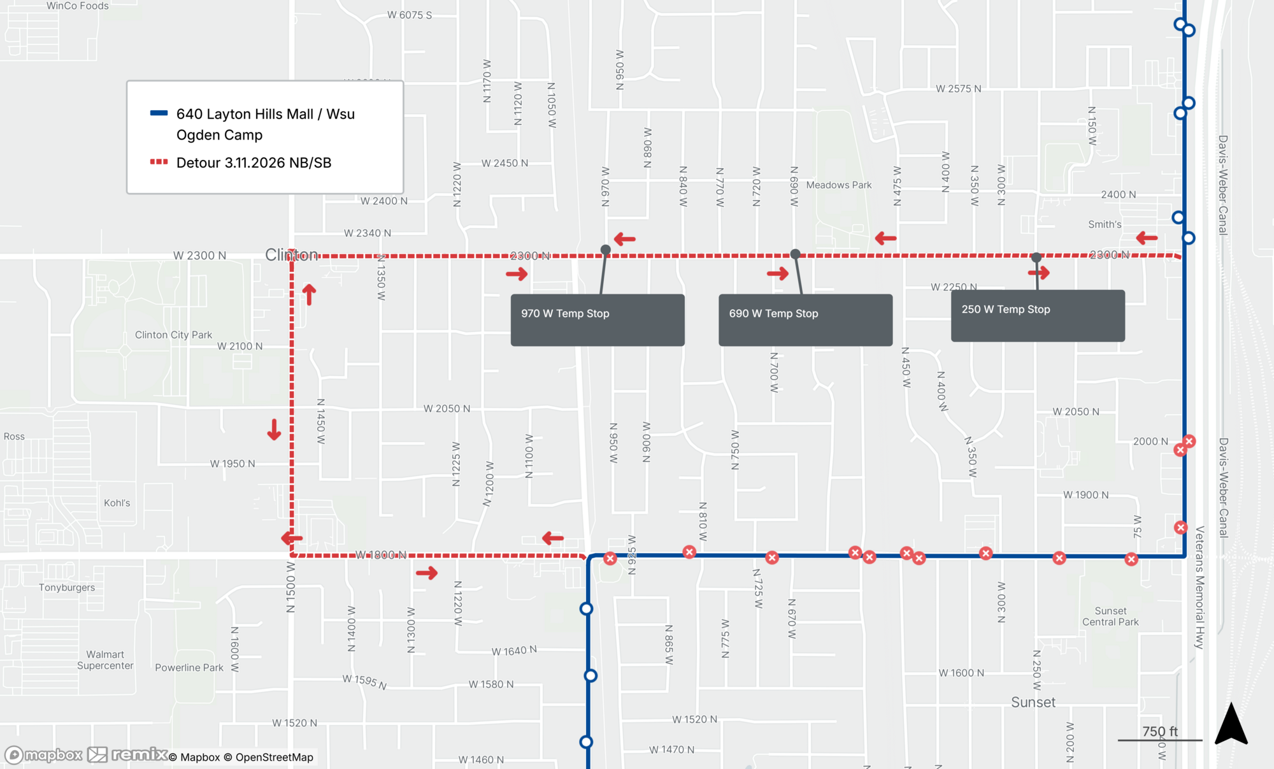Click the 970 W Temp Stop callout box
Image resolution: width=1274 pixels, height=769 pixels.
597,320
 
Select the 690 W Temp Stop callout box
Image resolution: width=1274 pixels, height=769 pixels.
805,320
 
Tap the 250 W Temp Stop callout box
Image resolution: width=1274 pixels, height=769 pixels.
1038,316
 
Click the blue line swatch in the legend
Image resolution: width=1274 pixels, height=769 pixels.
159,113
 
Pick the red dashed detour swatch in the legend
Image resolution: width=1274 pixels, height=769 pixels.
159,162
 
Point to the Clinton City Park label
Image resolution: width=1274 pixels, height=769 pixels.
173,335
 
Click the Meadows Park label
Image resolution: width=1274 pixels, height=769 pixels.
838,185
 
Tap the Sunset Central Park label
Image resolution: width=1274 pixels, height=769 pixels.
1110,617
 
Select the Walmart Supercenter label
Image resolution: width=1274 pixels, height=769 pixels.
105,660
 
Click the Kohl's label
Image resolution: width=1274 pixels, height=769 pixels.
117,503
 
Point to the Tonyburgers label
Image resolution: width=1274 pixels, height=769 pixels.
67,587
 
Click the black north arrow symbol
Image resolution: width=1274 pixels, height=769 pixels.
1231,725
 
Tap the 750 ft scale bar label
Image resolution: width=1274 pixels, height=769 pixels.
1159,731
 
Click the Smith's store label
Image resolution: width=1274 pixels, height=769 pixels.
1105,224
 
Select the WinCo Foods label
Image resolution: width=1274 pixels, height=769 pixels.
78,6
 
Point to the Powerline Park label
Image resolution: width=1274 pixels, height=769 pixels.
189,668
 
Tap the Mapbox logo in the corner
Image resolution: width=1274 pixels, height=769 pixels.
43,756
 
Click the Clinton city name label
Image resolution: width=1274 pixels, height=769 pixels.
291,255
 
